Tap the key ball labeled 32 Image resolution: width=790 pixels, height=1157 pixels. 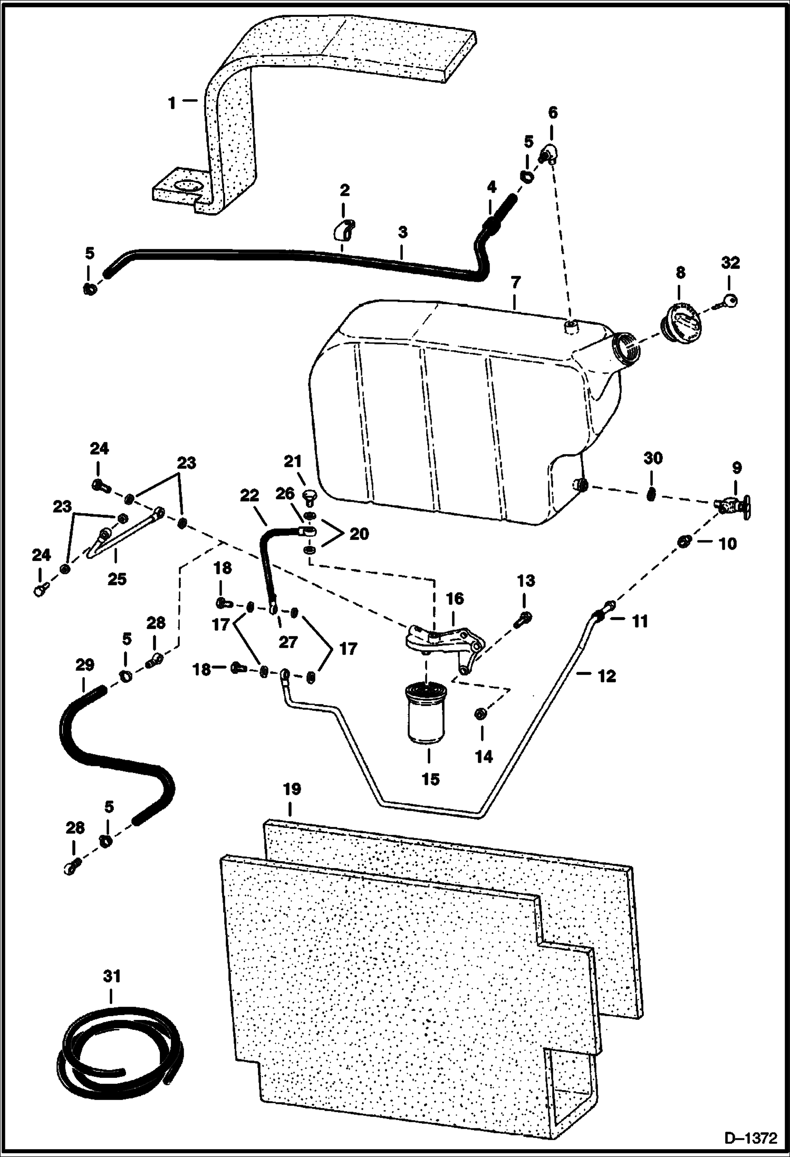click(730, 301)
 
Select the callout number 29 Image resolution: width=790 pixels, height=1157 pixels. click(84, 665)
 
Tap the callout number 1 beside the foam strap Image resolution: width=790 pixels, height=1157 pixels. click(172, 103)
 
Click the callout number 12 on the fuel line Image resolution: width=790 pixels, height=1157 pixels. click(606, 676)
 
